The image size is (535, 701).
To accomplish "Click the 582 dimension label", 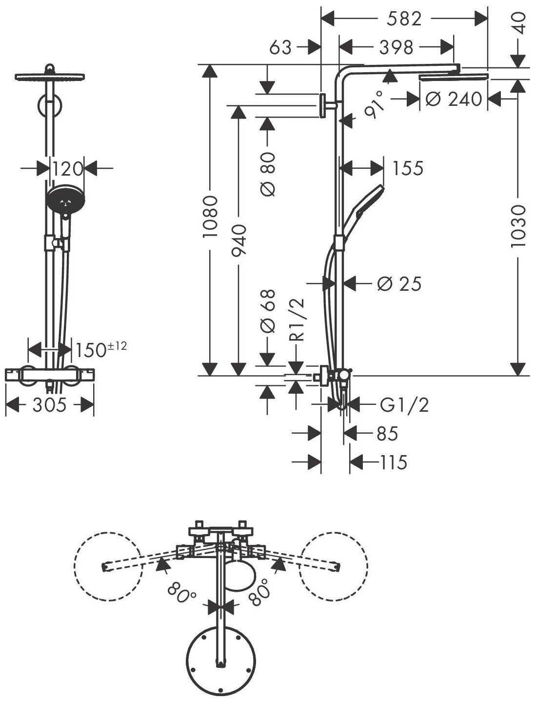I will [403, 20].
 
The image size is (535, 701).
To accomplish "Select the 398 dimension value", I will [396, 48].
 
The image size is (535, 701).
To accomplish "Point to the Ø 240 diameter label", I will [454, 99].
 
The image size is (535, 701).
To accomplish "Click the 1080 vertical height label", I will [210, 217].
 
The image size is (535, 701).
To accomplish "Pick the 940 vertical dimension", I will [239, 240].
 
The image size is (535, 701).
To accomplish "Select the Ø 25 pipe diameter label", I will [399, 283].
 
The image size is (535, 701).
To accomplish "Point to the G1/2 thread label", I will [404, 405].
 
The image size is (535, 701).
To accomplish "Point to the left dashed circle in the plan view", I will [108, 565].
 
